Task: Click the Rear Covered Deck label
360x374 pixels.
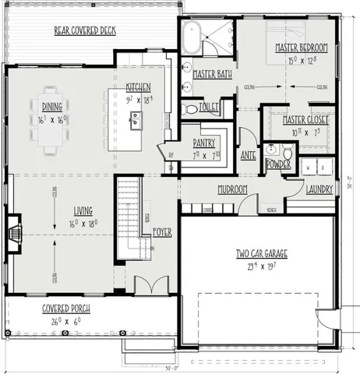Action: pos(84,31)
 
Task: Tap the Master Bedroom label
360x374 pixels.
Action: pos(301,48)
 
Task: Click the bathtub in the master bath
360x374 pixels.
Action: pos(192,37)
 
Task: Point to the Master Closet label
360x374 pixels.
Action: pos(305,121)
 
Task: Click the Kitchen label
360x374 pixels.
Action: pos(139,87)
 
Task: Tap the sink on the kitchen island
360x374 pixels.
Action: pos(136,120)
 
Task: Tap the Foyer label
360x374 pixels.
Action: pos(162,231)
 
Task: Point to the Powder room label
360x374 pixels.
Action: pos(278,164)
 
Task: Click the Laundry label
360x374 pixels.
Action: pos(320,189)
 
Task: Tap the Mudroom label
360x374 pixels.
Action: pos(232,189)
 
